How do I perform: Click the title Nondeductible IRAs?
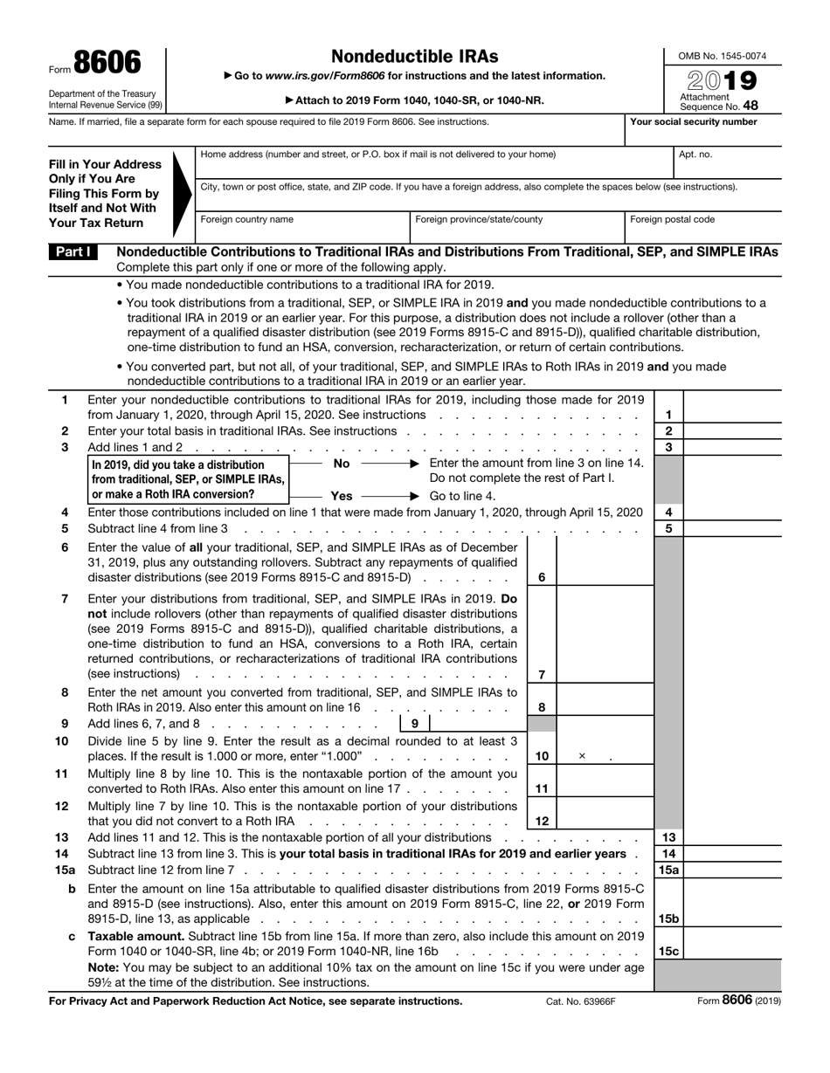tap(415, 57)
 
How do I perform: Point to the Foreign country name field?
tap(247, 220)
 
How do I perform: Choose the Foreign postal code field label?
tap(672, 220)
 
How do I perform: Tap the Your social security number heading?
tap(694, 122)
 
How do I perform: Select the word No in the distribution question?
tap(342, 463)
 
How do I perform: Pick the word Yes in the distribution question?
tap(342, 496)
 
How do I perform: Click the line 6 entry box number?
tap(542, 577)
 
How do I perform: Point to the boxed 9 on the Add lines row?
tap(415, 724)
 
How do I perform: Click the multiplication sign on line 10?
tap(582, 756)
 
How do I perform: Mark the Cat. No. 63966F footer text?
tap(580, 1001)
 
